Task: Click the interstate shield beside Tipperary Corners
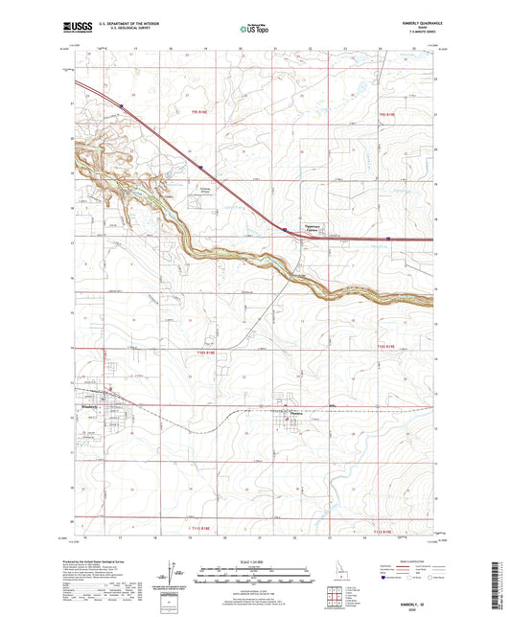(x=285, y=229)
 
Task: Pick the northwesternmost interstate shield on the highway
(x=122, y=106)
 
